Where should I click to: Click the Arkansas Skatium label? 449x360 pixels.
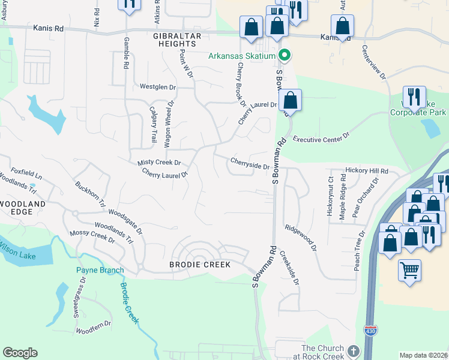coord(242,56)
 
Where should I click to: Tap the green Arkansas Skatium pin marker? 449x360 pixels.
coord(285,56)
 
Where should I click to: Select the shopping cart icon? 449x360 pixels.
coord(409,270)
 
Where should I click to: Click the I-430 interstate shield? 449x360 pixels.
coord(370,331)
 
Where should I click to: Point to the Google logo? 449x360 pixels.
coord(20,353)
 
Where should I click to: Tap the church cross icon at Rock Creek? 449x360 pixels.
coord(353,350)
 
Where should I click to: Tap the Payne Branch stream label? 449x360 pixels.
coord(100,270)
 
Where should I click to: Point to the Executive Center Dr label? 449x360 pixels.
coord(321,139)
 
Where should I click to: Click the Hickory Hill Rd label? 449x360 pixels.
coord(367,171)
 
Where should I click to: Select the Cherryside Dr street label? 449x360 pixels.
coord(249,163)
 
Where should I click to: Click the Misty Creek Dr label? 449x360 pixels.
coord(159,163)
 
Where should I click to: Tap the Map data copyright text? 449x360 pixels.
coord(424,355)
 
